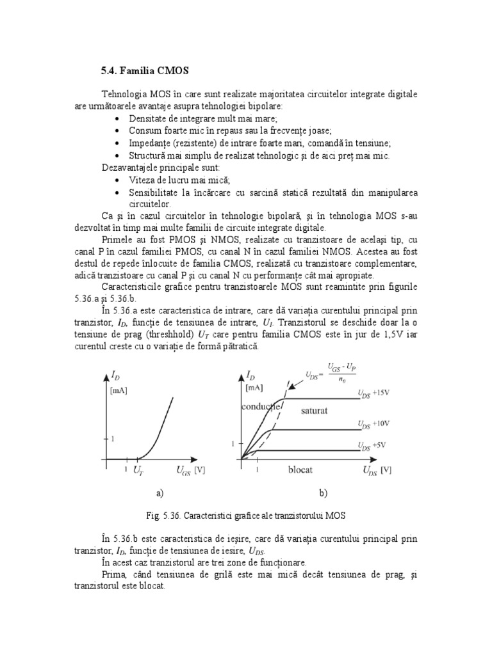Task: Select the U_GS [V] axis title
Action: tap(191, 470)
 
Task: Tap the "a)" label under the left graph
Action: tap(160, 494)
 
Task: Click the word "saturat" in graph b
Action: tap(315, 411)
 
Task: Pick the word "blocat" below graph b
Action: tap(300, 470)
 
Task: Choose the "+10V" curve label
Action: tap(383, 423)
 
